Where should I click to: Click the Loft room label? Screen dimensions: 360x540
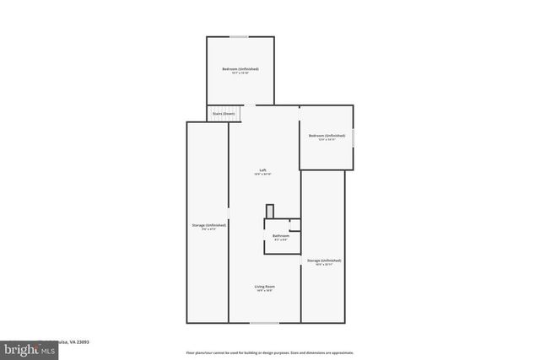pyautogui.click(x=263, y=169)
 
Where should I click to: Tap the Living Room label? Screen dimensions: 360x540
pyautogui.click(x=265, y=287)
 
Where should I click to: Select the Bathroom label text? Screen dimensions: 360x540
pyautogui.click(x=281, y=235)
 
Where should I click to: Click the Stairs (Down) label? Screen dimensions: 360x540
pyautogui.click(x=224, y=112)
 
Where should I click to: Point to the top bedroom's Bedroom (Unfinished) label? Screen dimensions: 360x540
pyautogui.click(x=240, y=68)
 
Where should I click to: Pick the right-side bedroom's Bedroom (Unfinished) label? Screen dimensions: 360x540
pyautogui.click(x=327, y=136)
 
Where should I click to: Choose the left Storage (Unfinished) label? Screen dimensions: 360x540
pyautogui.click(x=208, y=225)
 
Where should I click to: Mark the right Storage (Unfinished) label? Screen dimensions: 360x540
pyautogui.click(x=324, y=261)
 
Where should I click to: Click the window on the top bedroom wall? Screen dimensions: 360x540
pyautogui.click(x=240, y=36)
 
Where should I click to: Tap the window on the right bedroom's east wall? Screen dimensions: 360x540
pyautogui.click(x=353, y=136)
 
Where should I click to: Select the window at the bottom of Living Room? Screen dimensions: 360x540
pyautogui.click(x=264, y=322)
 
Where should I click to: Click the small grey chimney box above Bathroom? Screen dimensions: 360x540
pyautogui.click(x=270, y=211)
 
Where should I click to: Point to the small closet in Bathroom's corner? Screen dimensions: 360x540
pyautogui.click(x=294, y=225)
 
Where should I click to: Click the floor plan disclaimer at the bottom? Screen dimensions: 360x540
pyautogui.click(x=269, y=352)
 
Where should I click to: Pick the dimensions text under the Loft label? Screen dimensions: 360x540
pyautogui.click(x=263, y=174)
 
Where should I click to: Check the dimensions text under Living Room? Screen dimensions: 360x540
pyautogui.click(x=265, y=292)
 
